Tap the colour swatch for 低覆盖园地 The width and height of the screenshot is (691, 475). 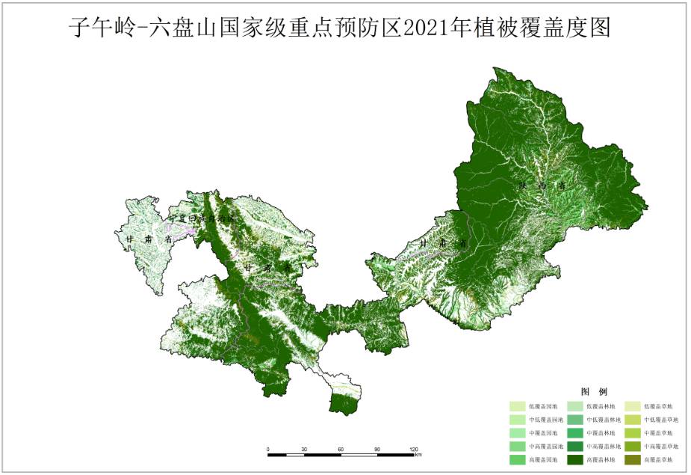pos(518,406)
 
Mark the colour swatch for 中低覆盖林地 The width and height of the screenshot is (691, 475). pos(576,420)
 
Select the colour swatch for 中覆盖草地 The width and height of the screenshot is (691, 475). pos(633,433)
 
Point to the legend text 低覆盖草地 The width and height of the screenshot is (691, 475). pos(659,406)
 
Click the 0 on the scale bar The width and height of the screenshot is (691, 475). pos(267,449)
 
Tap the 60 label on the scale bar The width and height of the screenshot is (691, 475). pos(341,449)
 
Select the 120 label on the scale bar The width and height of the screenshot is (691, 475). pos(413,449)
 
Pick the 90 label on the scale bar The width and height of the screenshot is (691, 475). pos(377,449)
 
